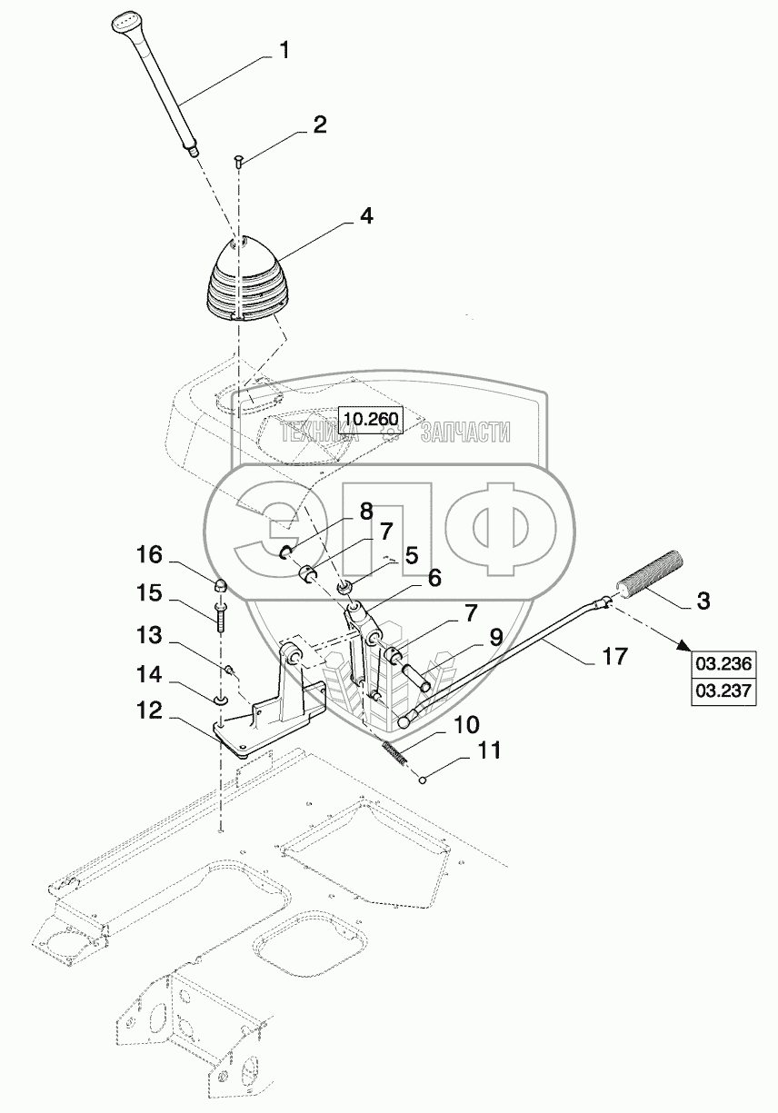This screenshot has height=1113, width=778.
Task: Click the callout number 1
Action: pyautogui.click(x=284, y=51)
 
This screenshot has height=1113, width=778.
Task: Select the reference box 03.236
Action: pyautogui.click(x=723, y=664)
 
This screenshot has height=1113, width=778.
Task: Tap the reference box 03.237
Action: pyautogui.click(x=723, y=691)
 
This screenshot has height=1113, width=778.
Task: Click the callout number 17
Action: pyautogui.click(x=614, y=656)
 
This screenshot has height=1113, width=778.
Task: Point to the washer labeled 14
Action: pyautogui.click(x=220, y=701)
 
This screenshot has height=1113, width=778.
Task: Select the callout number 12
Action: pyautogui.click(x=149, y=711)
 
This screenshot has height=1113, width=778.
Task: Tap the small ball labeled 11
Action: pyautogui.click(x=422, y=780)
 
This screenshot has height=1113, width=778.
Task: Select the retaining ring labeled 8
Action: pyautogui.click(x=287, y=552)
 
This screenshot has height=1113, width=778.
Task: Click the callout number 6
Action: pyautogui.click(x=434, y=578)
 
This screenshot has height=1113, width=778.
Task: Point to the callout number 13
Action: pyautogui.click(x=149, y=635)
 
